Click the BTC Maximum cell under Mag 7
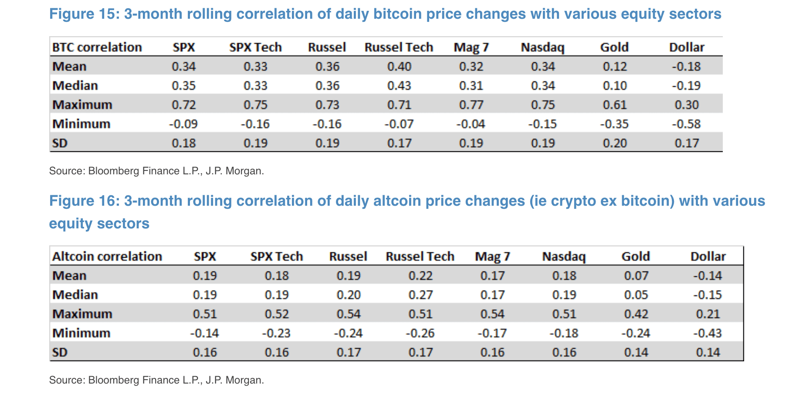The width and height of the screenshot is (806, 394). click(471, 105)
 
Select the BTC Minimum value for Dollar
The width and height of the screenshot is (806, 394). click(686, 124)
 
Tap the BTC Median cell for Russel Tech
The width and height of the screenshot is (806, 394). click(399, 86)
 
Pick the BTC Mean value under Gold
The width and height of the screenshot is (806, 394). click(615, 67)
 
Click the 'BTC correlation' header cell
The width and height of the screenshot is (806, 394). click(97, 48)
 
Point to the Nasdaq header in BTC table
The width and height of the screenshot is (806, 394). click(542, 48)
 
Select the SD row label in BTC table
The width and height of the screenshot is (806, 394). click(60, 143)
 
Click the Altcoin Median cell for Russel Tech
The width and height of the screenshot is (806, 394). click(420, 295)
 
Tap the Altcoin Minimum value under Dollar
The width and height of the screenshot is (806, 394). click(708, 333)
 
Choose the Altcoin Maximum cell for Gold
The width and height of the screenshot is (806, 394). click(636, 314)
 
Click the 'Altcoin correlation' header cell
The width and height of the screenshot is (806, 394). click(107, 257)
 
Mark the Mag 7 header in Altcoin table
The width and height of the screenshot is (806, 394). click(492, 257)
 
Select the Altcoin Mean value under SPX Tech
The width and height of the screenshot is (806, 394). click(277, 276)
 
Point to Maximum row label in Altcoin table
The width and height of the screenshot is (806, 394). click(82, 314)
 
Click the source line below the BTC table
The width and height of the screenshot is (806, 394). click(156, 171)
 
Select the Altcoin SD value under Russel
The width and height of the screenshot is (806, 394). click(349, 353)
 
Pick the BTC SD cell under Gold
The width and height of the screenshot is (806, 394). click(615, 143)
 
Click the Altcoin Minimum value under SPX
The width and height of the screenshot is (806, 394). click(205, 333)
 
